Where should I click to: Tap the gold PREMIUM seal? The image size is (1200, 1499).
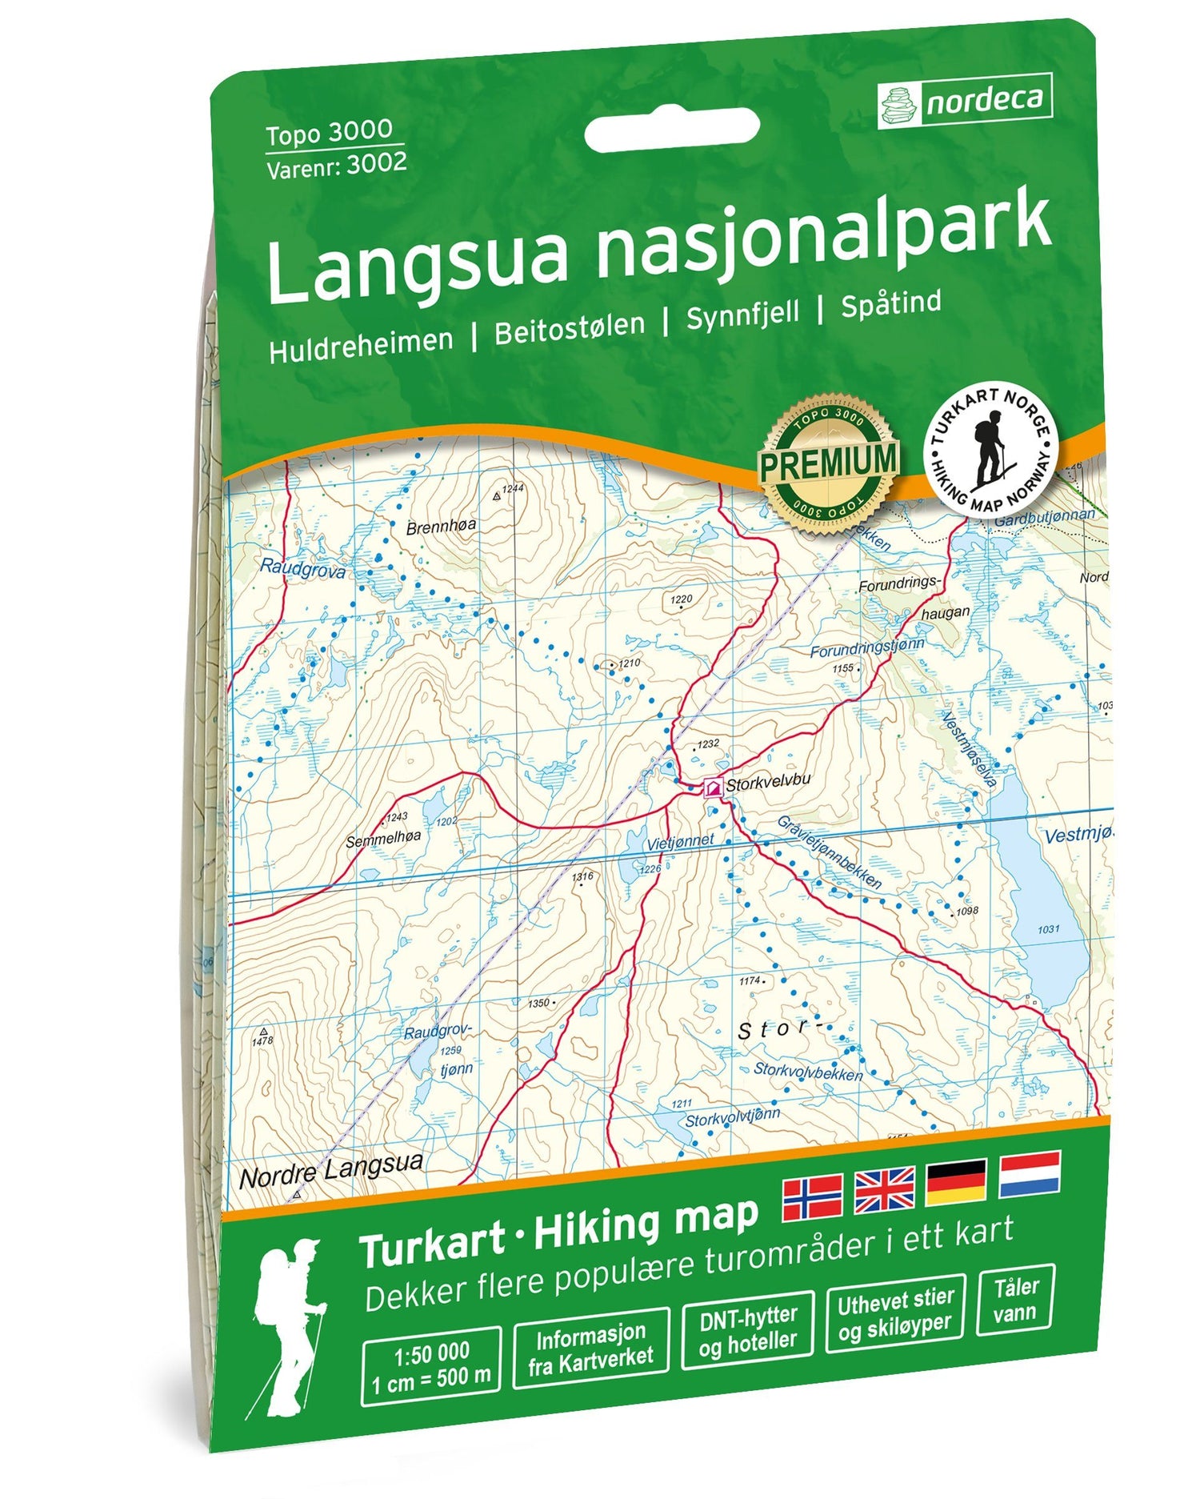(x=828, y=463)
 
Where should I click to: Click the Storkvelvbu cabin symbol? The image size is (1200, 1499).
(x=711, y=789)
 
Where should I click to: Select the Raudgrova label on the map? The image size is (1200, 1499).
(x=302, y=569)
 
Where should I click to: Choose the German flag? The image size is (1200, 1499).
(x=956, y=1181)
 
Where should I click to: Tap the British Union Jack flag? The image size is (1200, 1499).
(x=884, y=1188)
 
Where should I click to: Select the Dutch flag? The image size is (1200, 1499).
(x=1029, y=1174)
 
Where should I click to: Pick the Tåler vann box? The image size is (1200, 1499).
(x=1015, y=1299)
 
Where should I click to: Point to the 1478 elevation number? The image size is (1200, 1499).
(x=262, y=1040)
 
